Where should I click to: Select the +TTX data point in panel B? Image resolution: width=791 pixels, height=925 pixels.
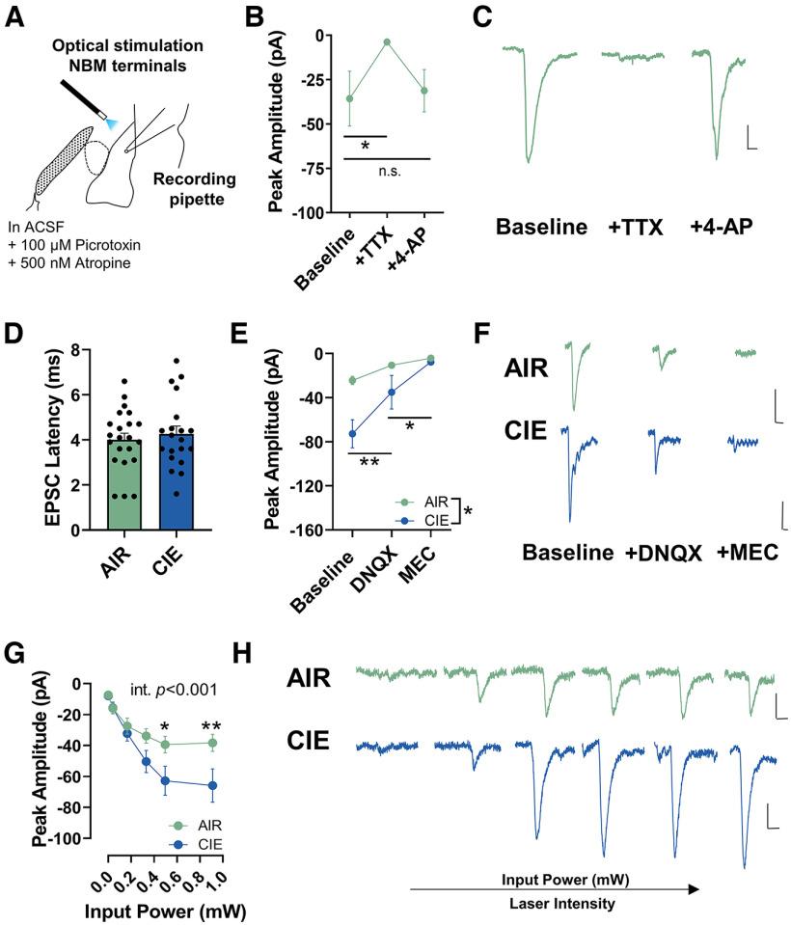pyautogui.click(x=387, y=41)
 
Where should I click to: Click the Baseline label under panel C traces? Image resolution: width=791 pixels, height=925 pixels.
pyautogui.click(x=541, y=229)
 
